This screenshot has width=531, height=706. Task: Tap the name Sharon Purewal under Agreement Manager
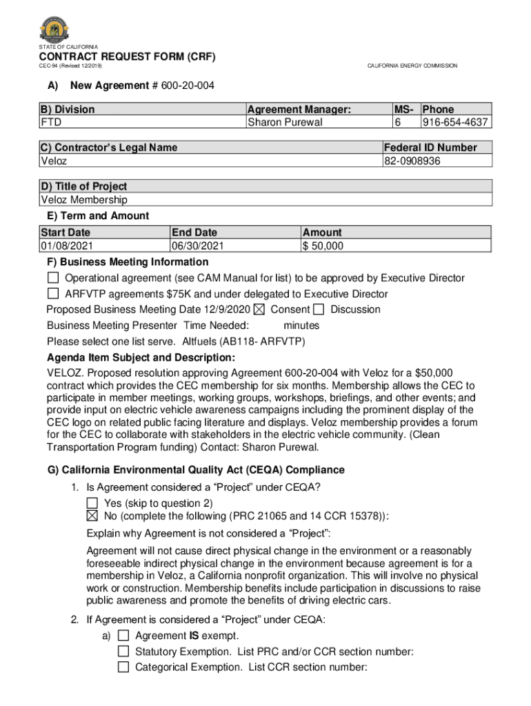285,122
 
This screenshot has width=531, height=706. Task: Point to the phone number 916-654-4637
455,122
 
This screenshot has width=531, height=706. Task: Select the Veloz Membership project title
84,199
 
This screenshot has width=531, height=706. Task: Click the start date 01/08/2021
67,245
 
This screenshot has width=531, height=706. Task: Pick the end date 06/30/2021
198,245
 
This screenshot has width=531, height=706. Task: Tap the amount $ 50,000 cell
323,245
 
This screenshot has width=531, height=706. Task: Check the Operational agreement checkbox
53,278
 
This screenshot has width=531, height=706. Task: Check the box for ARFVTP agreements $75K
53,294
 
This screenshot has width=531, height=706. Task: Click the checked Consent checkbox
259,310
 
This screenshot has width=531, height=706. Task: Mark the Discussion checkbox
319,310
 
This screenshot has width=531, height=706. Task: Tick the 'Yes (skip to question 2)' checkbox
92,503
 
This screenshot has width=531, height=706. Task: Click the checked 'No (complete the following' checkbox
92,516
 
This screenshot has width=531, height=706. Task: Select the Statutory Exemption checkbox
123,651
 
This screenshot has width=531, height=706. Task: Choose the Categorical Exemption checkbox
123,667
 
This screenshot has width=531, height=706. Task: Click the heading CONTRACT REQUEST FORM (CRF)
128,57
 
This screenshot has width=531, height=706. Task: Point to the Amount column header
322,232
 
